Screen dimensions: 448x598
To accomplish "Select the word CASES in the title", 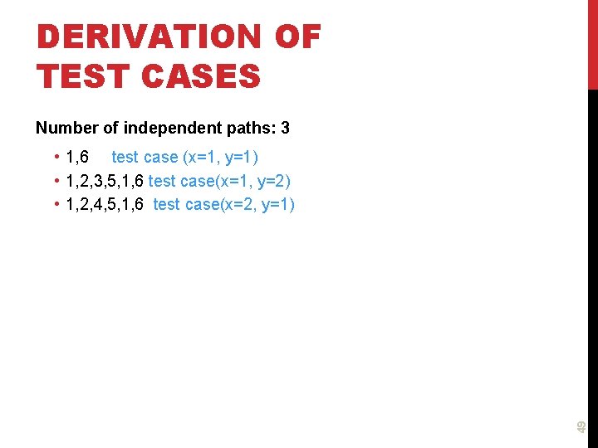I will [201, 76].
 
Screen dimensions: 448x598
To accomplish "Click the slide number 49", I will [581, 426].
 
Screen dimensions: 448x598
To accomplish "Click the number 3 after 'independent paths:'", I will [285, 129].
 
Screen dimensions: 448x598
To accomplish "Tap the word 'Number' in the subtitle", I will [64, 129].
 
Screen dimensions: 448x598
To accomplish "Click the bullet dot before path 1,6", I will [55, 158].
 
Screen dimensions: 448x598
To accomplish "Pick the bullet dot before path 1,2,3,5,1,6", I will [55, 181].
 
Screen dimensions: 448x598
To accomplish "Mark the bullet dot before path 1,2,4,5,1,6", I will [55, 204].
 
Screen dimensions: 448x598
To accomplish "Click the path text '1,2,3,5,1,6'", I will [105, 181].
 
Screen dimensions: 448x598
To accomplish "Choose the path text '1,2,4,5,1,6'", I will [105, 204].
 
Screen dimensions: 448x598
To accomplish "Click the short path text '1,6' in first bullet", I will [77, 158].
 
